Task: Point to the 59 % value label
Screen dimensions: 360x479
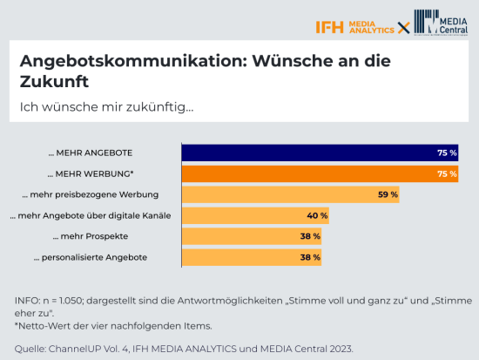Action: [x=388, y=194]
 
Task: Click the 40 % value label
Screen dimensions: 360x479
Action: [x=317, y=214]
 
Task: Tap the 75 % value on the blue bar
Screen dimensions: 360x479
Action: [x=447, y=152]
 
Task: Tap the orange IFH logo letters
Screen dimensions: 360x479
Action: [x=330, y=26]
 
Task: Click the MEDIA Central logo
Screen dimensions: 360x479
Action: [x=440, y=24]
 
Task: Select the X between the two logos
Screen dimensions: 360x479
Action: [x=403, y=27]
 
